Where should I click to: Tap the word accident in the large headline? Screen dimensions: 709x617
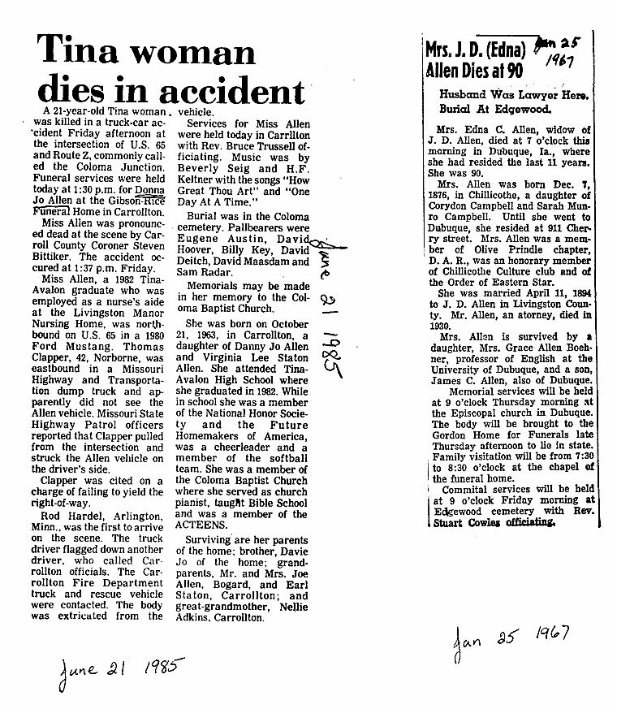(x=235, y=89)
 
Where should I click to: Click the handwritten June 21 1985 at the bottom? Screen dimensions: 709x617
(x=118, y=669)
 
